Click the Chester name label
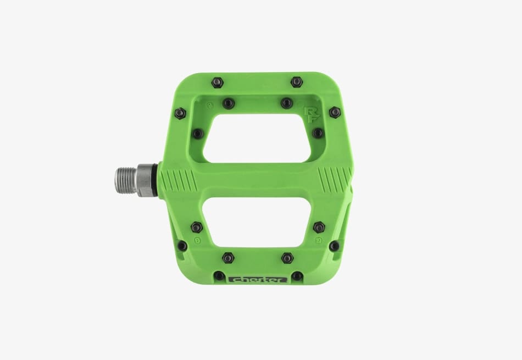click(258, 279)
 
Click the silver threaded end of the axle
click(126, 179)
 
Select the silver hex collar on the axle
click(145, 179)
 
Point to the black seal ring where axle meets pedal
click(159, 179)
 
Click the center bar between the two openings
click(256, 179)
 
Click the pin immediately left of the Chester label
click(219, 275)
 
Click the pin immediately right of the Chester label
click(297, 276)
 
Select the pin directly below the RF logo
click(318, 133)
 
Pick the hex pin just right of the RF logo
click(334, 112)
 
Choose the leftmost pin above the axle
click(180, 113)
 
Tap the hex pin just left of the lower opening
click(197, 226)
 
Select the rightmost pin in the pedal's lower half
click(334, 246)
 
